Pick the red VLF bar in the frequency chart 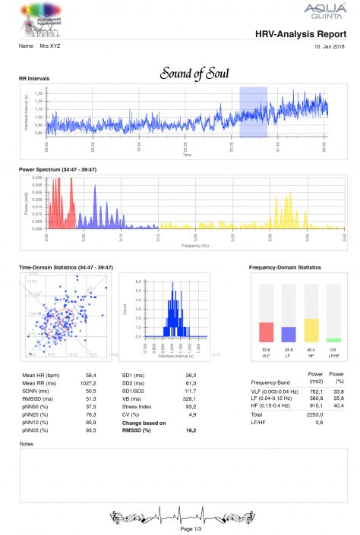266,332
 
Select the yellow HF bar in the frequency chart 310,329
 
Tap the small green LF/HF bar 333,340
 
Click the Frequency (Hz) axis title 195,246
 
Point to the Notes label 26,444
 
